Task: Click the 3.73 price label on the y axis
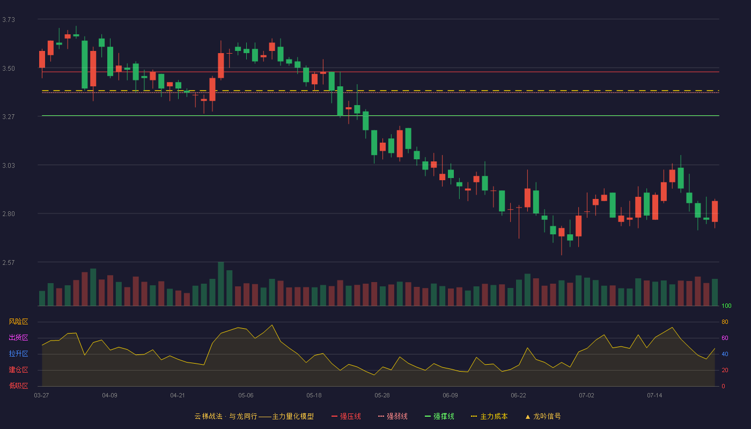[x=9, y=20]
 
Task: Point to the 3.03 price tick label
[x=9, y=166]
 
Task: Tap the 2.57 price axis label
[x=9, y=263]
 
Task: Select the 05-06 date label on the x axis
[x=246, y=396]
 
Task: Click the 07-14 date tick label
[x=654, y=396]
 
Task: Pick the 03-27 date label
[x=42, y=396]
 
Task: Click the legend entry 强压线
[x=346, y=416]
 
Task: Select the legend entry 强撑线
[x=439, y=416]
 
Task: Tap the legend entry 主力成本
[x=489, y=416]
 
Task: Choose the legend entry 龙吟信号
[x=543, y=416]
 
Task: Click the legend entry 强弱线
[x=393, y=416]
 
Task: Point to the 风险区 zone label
[x=18, y=322]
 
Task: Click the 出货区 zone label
[x=18, y=337]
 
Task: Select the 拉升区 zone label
[x=18, y=353]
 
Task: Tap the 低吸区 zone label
[x=18, y=386]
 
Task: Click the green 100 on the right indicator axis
[x=726, y=306]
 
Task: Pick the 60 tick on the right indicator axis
[x=725, y=338]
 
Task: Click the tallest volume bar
[x=221, y=284]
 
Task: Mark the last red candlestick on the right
[x=715, y=211]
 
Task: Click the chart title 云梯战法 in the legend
[x=208, y=416]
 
